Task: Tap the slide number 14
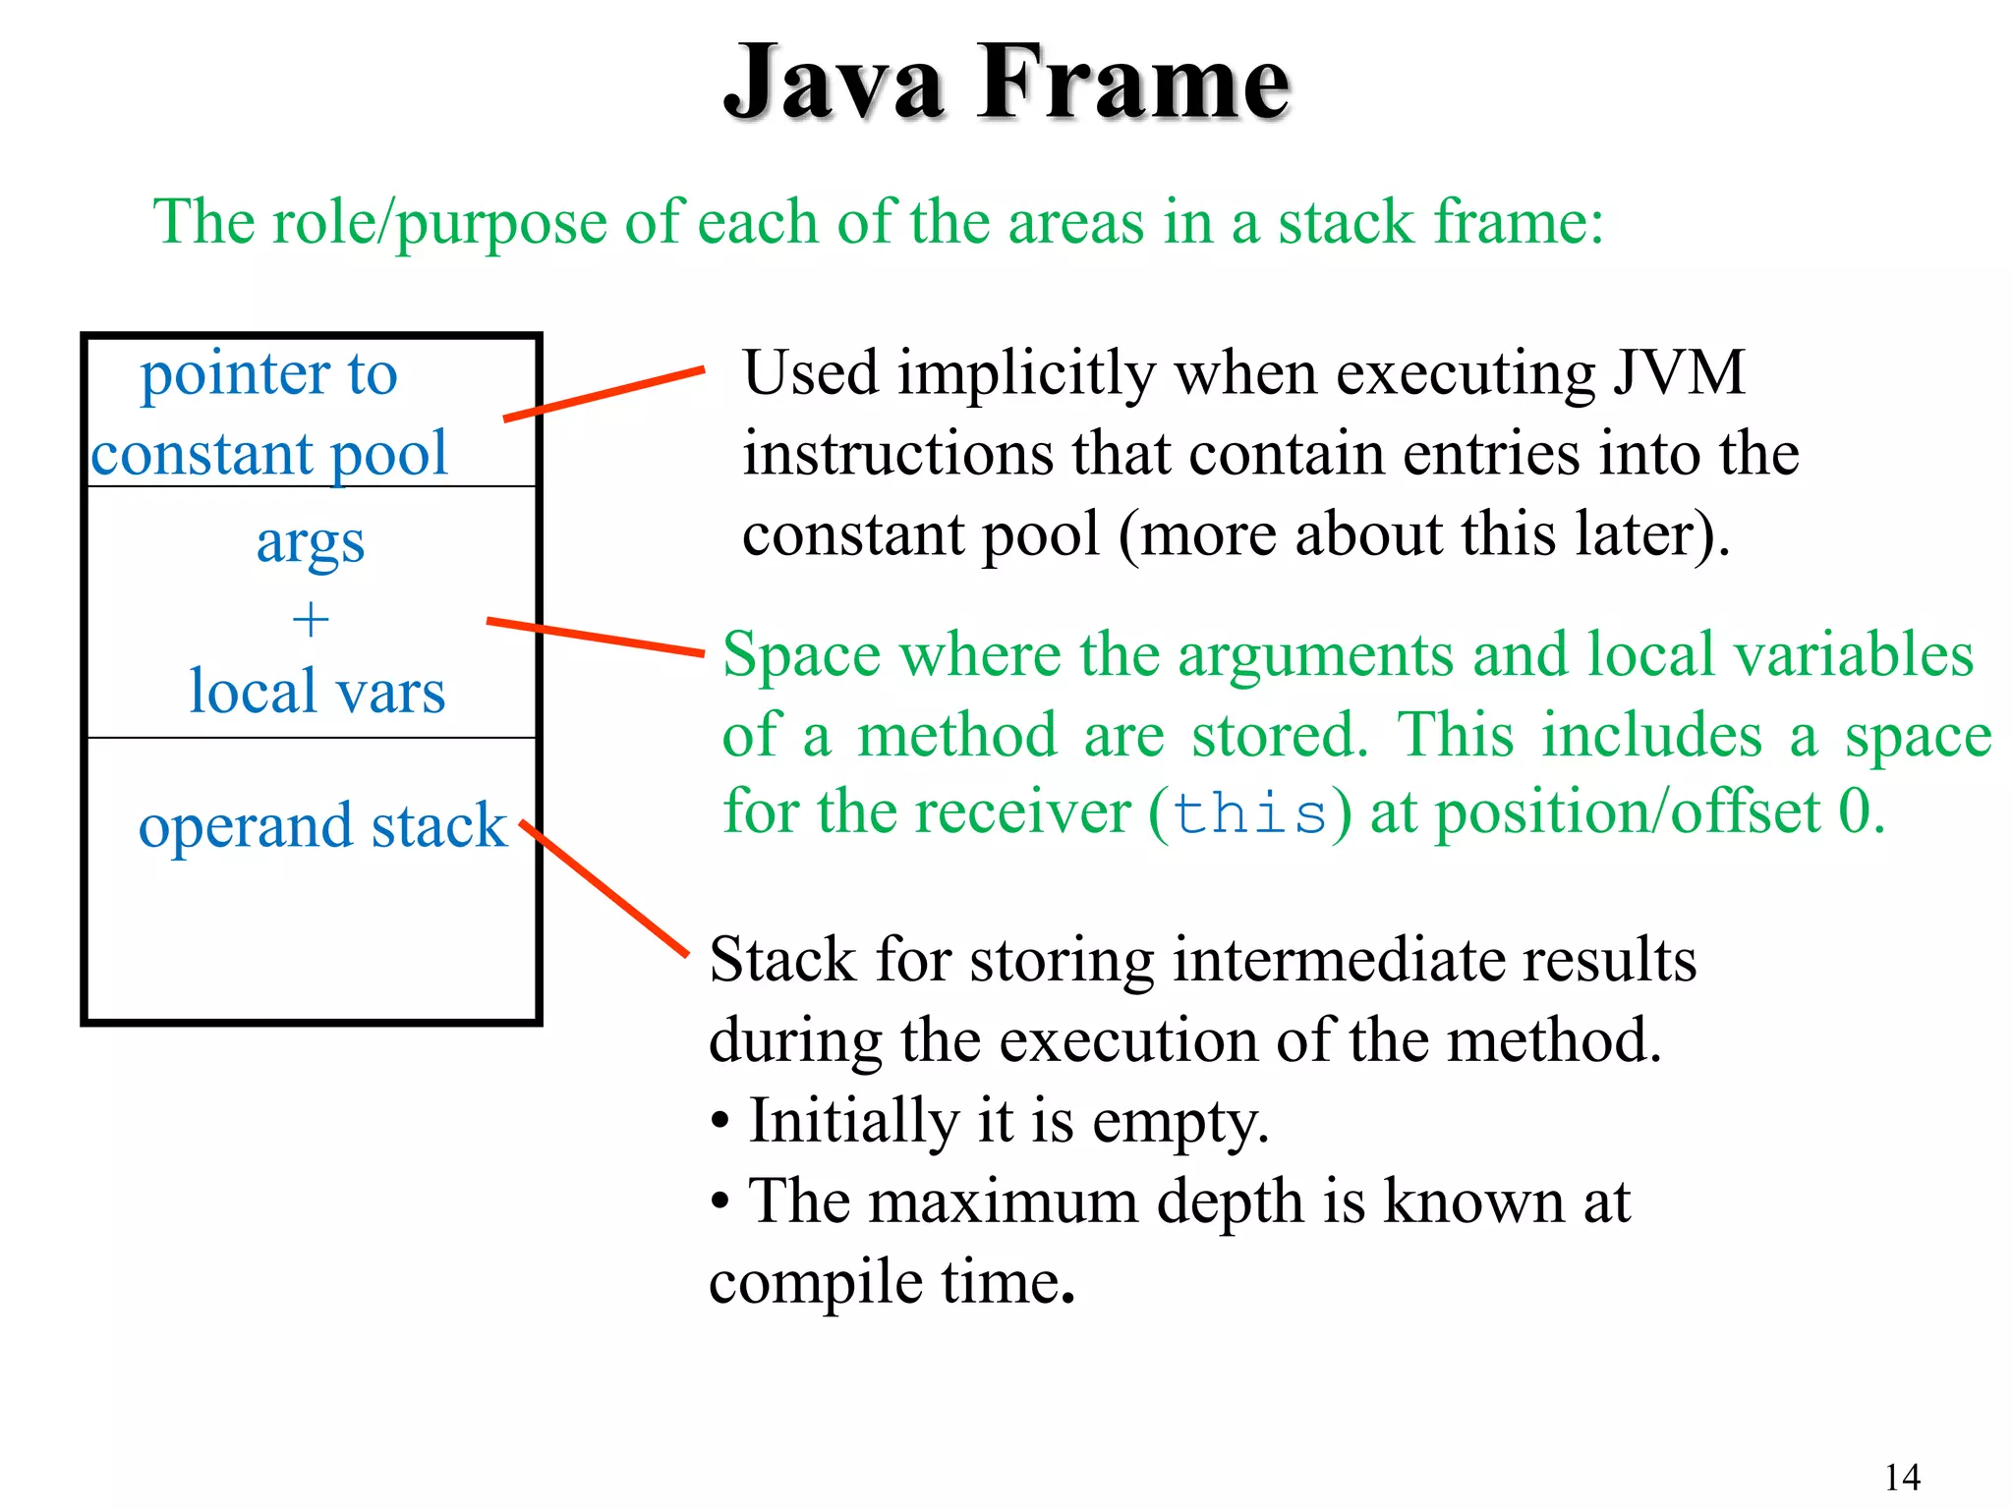[x=1902, y=1477]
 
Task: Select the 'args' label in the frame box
[x=311, y=543]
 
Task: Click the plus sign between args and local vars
[x=311, y=620]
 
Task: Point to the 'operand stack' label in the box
[x=321, y=825]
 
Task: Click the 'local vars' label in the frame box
[x=316, y=692]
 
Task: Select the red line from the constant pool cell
[x=604, y=394]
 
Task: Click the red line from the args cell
[x=596, y=637]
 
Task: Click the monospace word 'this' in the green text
[x=1250, y=814]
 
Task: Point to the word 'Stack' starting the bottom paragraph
[x=782, y=960]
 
